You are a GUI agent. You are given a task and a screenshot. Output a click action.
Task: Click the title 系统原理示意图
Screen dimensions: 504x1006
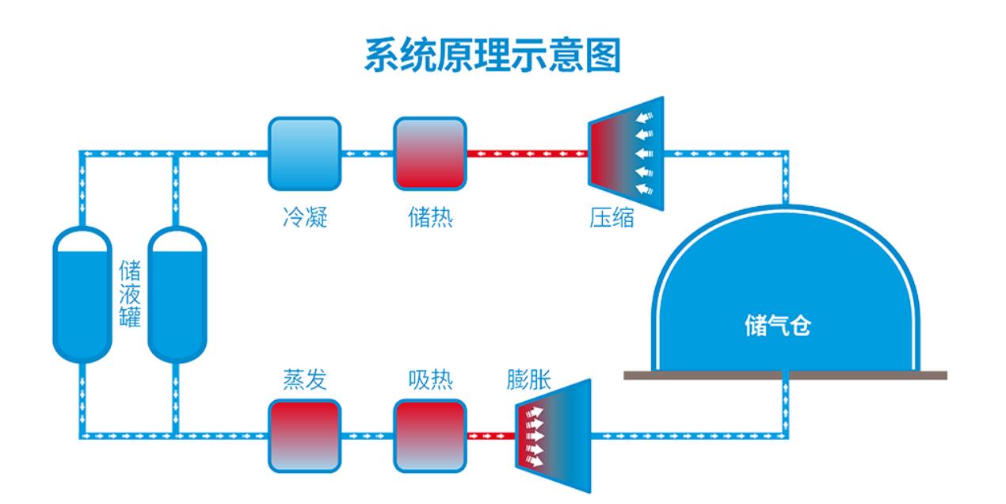pyautogui.click(x=492, y=55)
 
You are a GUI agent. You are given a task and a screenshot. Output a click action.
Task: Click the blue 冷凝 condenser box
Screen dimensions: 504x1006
pyautogui.click(x=303, y=154)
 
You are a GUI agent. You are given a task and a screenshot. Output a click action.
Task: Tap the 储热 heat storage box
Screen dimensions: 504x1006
pyautogui.click(x=430, y=154)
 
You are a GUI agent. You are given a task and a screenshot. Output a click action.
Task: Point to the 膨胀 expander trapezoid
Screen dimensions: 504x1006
pyautogui.click(x=554, y=435)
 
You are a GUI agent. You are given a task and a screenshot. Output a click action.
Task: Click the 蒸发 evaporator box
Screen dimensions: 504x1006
pyautogui.click(x=303, y=435)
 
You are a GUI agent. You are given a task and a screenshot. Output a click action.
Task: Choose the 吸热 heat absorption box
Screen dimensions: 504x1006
pyautogui.click(x=430, y=435)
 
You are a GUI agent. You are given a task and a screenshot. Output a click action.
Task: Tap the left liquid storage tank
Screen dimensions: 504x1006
pyautogui.click(x=82, y=294)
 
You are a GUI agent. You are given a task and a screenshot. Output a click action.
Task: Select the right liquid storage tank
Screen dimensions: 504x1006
pyautogui.click(x=177, y=294)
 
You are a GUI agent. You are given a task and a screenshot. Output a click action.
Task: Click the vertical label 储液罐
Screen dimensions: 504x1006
pyautogui.click(x=130, y=294)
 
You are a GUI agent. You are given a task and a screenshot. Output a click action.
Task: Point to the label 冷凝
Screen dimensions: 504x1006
pyautogui.click(x=305, y=217)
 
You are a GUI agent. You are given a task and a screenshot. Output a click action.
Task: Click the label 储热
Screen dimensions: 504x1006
pyautogui.click(x=430, y=217)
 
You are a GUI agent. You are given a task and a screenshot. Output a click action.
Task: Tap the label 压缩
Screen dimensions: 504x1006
pyautogui.click(x=612, y=217)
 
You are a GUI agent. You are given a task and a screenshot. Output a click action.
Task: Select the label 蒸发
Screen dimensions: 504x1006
pyautogui.click(x=305, y=380)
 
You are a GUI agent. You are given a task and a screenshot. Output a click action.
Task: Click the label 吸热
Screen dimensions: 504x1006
pyautogui.click(x=430, y=380)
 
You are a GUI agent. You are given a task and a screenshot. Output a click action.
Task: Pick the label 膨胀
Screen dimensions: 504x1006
pyautogui.click(x=529, y=380)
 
